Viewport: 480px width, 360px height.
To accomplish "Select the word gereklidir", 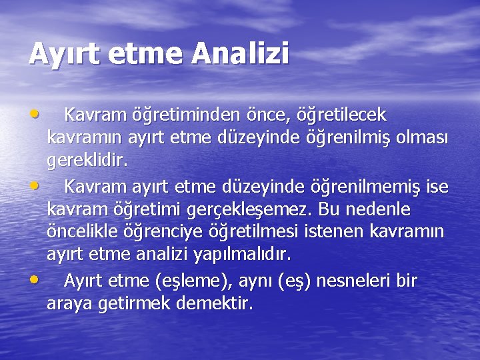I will [86, 161].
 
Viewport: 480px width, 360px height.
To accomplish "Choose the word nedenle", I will [381, 210].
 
